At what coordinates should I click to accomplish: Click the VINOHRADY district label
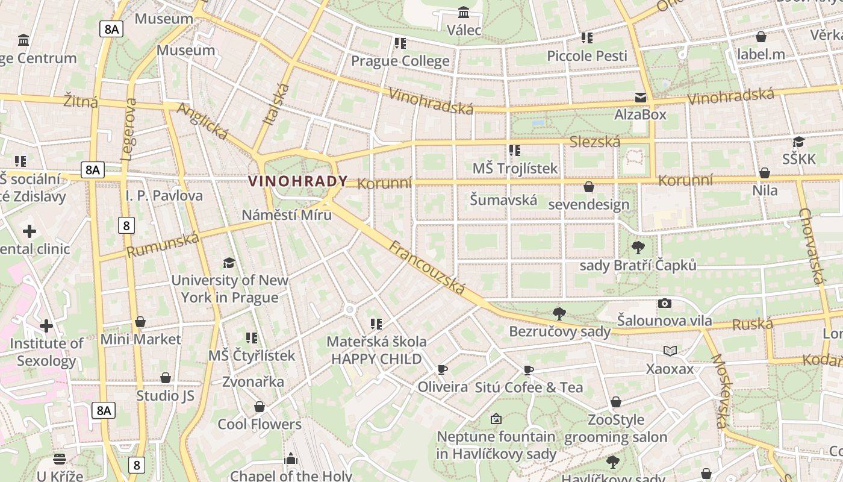coord(298,181)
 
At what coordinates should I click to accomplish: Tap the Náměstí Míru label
coord(287,214)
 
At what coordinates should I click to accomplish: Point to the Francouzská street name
coord(427,268)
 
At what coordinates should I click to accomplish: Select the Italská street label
coord(276,104)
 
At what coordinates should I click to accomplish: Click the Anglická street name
coord(202,121)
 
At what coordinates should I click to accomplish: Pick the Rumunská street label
coord(163,245)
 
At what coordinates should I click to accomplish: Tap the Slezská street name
coord(594,142)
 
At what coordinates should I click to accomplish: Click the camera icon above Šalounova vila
coord(665,303)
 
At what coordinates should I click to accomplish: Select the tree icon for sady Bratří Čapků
coord(638,247)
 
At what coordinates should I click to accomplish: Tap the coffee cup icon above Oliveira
coord(443,369)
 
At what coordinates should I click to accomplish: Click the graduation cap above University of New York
coord(229,263)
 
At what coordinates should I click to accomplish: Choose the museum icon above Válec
coord(464,12)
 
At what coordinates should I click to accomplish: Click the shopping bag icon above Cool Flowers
coord(260,407)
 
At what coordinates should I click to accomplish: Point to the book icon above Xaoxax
coord(670,351)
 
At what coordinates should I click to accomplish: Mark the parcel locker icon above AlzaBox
coord(640,98)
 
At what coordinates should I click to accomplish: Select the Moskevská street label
coord(720,391)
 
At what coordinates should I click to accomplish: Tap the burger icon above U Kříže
coord(59,459)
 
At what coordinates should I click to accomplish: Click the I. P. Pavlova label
coord(164,196)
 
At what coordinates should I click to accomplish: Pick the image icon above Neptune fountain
coord(496,418)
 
